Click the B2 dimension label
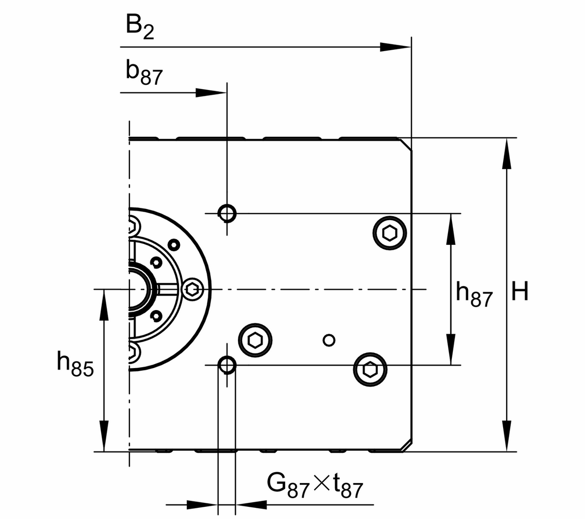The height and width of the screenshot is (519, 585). pos(139,26)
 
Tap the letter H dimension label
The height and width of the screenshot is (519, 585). pos(520,292)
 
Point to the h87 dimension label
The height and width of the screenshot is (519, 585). pos(474,294)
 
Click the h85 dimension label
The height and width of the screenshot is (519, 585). pos(75,364)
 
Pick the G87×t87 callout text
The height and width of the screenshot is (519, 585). pos(315,484)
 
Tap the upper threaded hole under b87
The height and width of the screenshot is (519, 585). pos(227,213)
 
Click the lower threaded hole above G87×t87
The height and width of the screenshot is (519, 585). pos(227,364)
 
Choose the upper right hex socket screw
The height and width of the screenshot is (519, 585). pos(390,233)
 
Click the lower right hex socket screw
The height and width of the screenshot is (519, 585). pos(370,370)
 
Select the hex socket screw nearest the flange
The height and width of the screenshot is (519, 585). pos(255,339)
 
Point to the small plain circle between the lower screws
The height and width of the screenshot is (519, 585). pos(330,339)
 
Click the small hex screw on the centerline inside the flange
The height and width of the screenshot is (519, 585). pos(192,290)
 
